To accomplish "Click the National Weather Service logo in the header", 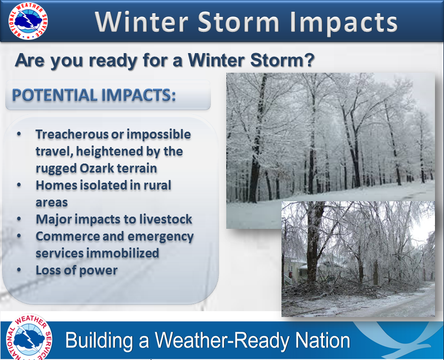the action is click(x=28, y=21).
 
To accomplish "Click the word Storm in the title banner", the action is click(x=238, y=22).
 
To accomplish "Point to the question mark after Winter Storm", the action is click(x=310, y=59).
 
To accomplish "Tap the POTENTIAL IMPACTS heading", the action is click(x=94, y=95).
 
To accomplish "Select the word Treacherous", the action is click(x=72, y=134).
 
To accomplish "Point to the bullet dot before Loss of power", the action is click(x=19, y=270).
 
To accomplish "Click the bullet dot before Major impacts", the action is click(x=19, y=219).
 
